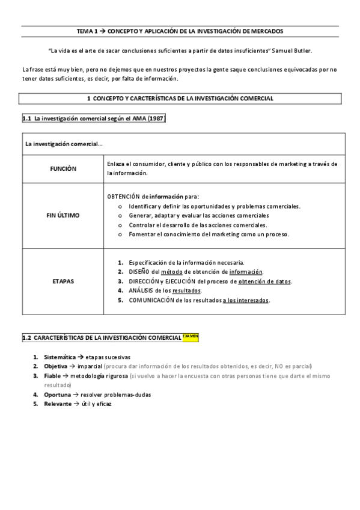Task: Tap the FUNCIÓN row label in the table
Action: (x=63, y=169)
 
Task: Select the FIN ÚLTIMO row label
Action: (x=63, y=215)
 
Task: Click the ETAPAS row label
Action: (x=63, y=281)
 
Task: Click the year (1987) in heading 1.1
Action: (x=153, y=118)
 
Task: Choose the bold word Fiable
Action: (x=53, y=375)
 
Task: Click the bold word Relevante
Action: (x=58, y=404)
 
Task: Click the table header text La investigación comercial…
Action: (x=64, y=144)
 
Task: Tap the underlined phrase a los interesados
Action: (x=246, y=300)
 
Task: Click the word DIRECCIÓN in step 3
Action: (x=144, y=281)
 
